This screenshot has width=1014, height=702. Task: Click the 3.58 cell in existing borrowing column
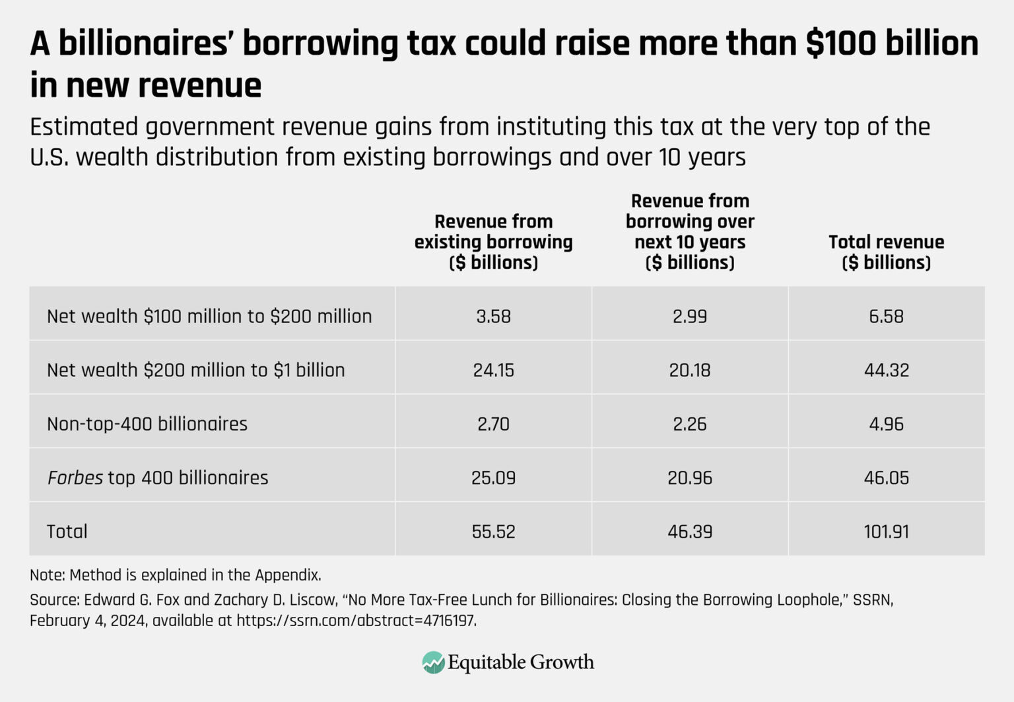tap(493, 316)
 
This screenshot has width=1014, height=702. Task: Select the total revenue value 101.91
tap(886, 532)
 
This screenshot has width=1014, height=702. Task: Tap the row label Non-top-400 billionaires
tap(147, 424)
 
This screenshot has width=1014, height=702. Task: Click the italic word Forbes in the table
tap(75, 477)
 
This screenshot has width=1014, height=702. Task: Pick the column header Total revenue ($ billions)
tap(886, 252)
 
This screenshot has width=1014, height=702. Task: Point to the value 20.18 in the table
tap(689, 370)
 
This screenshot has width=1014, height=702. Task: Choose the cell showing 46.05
tap(886, 477)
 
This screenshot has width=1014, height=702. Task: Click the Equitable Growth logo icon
tap(433, 662)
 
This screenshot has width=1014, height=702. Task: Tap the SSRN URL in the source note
tap(356, 621)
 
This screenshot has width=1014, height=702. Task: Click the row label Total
tap(67, 532)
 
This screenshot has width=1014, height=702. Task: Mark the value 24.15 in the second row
tap(493, 370)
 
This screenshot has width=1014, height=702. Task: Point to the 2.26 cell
tap(689, 424)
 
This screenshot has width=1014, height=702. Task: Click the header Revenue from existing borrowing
tap(493, 242)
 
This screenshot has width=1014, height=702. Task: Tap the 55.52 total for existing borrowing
tap(493, 532)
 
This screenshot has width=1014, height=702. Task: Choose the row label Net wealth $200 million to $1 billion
tap(195, 370)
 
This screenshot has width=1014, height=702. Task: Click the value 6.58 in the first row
tap(886, 316)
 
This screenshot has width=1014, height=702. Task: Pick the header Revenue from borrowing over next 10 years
tap(689, 232)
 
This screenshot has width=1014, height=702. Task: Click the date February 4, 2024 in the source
tap(88, 621)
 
